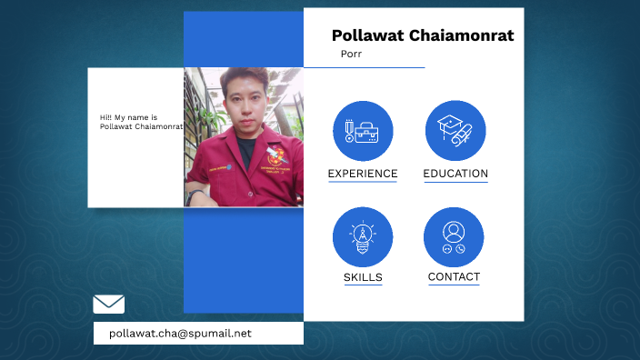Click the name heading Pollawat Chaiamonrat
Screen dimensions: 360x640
[422, 35]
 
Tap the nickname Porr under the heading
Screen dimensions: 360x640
[351, 54]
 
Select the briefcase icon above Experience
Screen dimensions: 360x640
[363, 131]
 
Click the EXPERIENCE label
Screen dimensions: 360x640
[363, 174]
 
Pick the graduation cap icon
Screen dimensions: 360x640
[455, 131]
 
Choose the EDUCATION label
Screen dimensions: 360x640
[455, 174]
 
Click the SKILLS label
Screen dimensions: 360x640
[363, 277]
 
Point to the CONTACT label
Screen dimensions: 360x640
[454, 276]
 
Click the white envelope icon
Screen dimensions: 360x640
[109, 305]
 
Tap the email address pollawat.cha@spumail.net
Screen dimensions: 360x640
[180, 334]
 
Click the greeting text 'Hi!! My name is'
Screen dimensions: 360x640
[129, 118]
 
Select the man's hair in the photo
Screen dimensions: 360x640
[244, 78]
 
